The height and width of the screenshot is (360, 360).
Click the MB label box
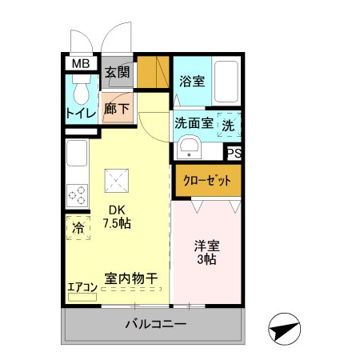81,64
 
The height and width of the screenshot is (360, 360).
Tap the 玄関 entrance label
117,73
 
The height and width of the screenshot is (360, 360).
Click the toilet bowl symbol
80,89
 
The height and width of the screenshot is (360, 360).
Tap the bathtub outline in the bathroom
226,84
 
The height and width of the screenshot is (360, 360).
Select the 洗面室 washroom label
193,124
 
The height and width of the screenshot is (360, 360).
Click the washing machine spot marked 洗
228,125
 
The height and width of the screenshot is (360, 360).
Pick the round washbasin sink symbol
189,148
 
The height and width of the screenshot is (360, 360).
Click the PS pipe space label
234,154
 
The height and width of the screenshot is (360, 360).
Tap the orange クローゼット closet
207,180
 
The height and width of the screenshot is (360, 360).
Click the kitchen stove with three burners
77,194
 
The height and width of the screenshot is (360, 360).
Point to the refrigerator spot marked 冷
78,228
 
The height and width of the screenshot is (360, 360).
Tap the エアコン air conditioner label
81,286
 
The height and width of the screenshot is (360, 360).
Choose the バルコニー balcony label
155,325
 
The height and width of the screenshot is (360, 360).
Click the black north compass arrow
284,329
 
